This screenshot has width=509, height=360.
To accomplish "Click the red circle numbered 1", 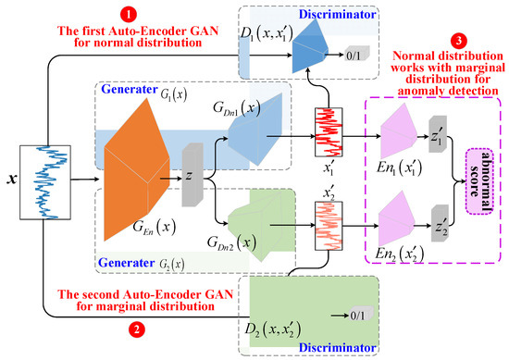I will pyautogui.click(x=129, y=15).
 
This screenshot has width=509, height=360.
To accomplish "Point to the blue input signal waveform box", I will pyautogui.click(x=44, y=176).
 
